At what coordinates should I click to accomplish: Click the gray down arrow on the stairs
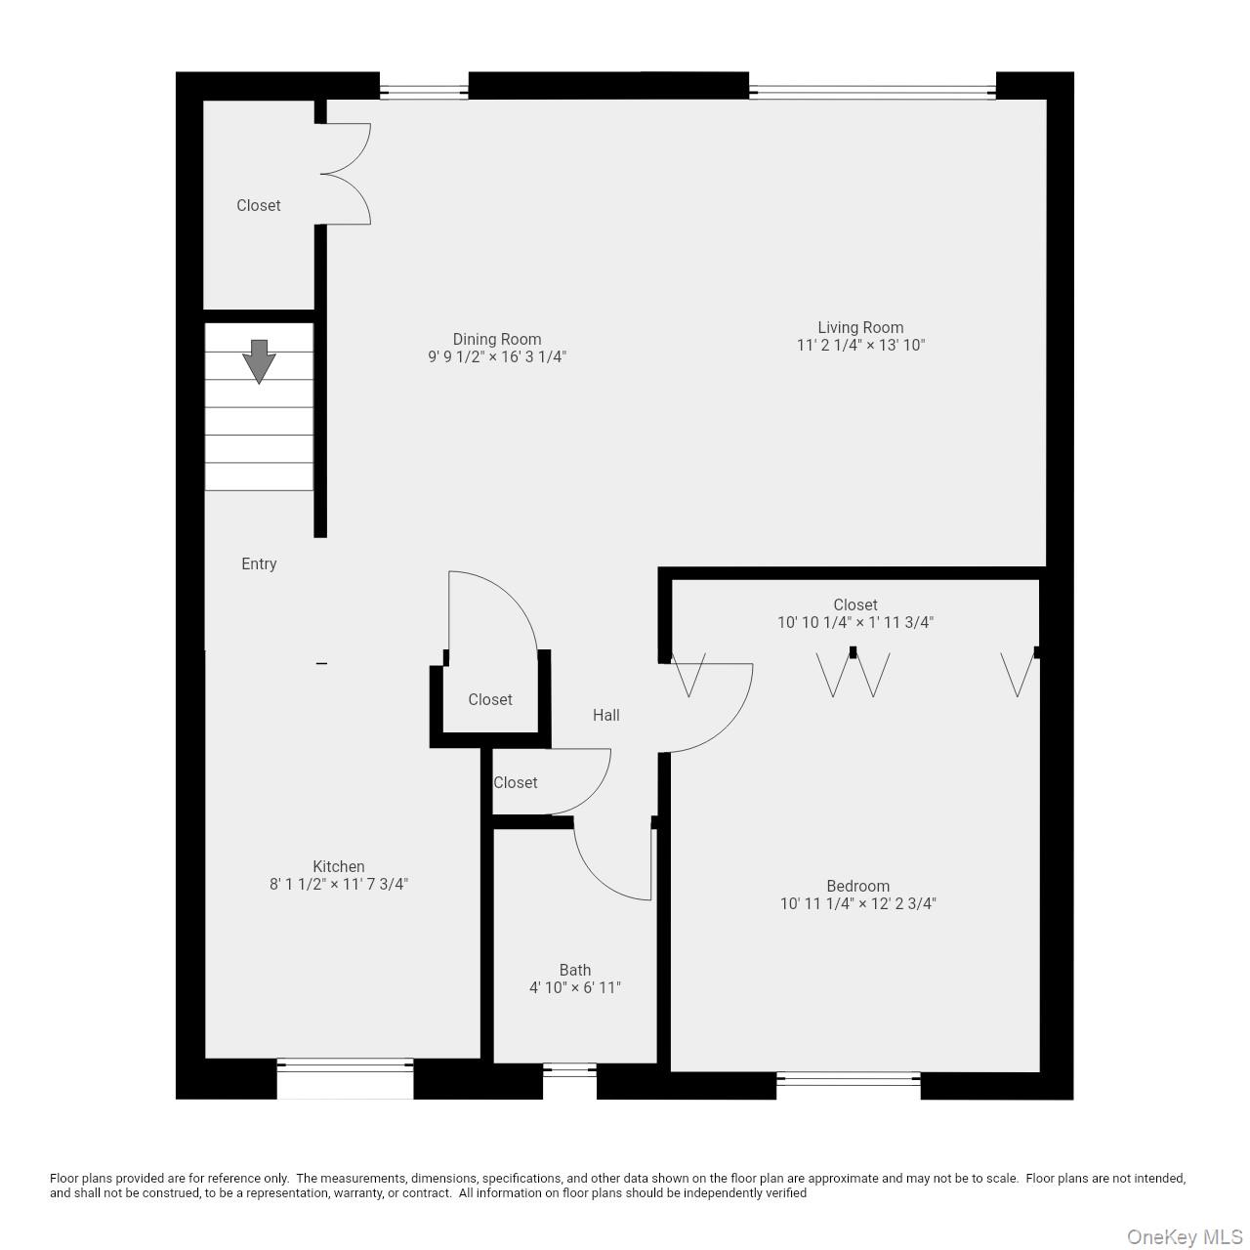(259, 360)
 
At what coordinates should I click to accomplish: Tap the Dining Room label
(496, 339)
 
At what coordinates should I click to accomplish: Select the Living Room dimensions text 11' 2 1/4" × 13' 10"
(860, 345)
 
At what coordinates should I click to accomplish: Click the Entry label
(259, 563)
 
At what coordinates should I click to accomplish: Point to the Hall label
(605, 715)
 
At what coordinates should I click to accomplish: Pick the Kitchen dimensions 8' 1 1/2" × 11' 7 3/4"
(339, 884)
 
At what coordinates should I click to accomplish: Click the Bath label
(574, 970)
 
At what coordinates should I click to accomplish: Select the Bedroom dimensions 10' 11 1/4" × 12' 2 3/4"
(857, 903)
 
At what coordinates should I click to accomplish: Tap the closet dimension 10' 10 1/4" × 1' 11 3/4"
(855, 622)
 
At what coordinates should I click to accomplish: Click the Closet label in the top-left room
(258, 205)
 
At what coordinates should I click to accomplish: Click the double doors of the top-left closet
(347, 174)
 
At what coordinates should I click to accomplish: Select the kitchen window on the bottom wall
(345, 1078)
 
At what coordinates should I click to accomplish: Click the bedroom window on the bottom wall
(848, 1079)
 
